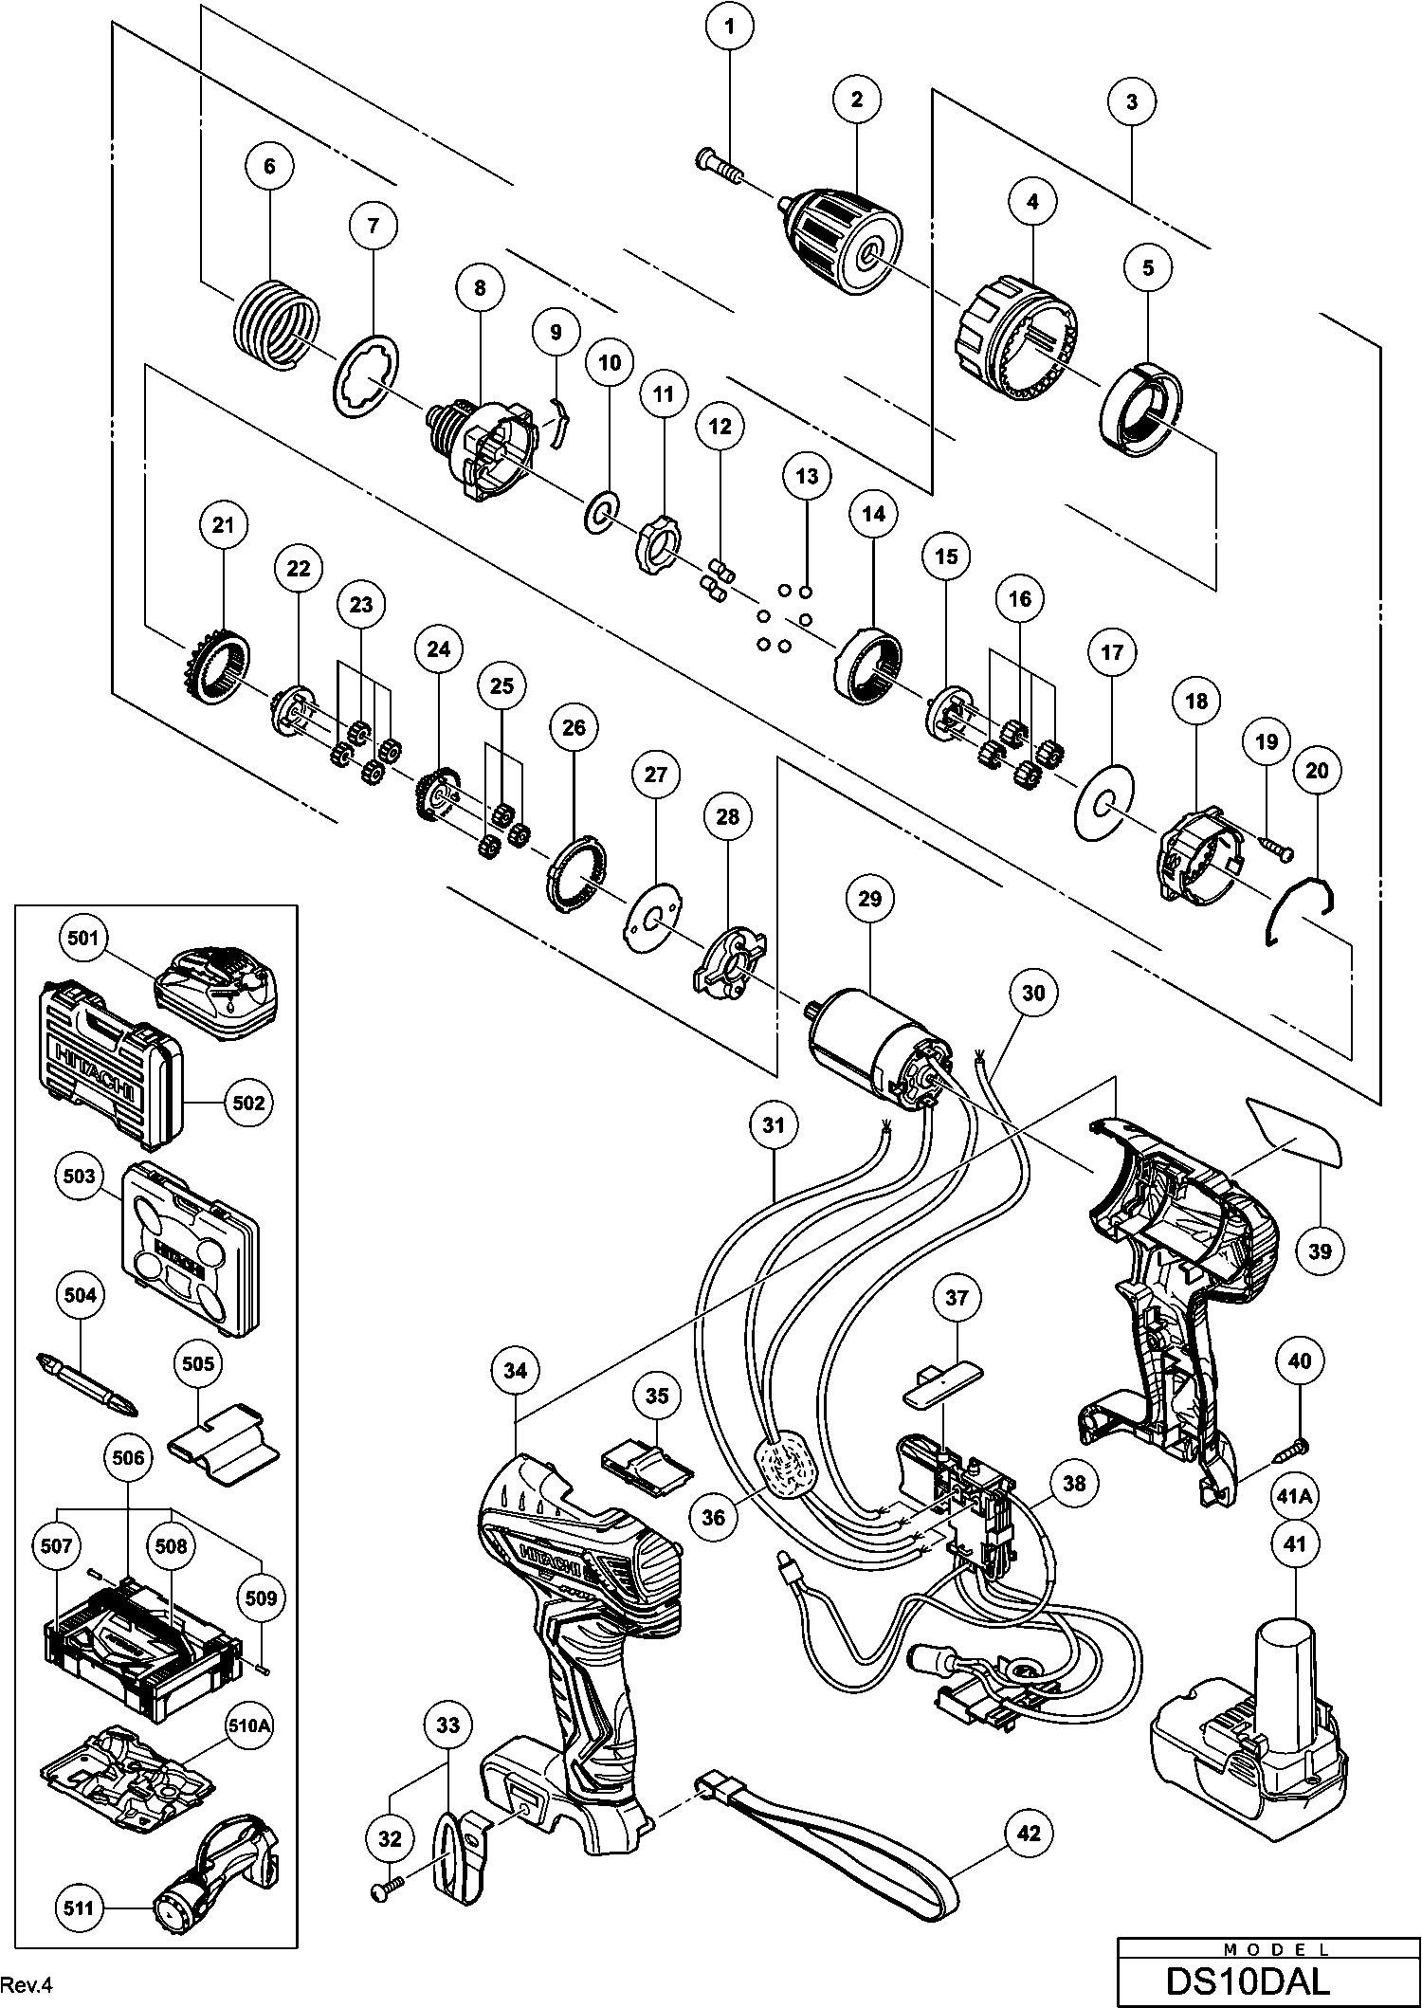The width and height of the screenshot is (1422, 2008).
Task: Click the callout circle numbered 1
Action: (729, 28)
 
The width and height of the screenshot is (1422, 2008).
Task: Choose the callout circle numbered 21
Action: (223, 525)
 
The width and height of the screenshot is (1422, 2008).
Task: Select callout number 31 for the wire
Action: (775, 1125)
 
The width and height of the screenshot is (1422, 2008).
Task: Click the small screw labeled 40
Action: (1295, 1449)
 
